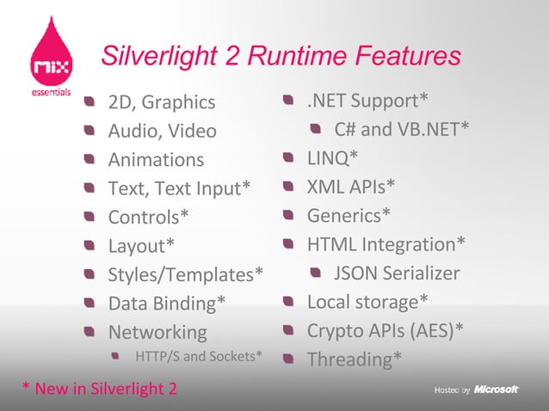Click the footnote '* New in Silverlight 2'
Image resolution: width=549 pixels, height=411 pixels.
[99, 389]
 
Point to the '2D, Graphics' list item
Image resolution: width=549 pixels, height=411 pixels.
[161, 103]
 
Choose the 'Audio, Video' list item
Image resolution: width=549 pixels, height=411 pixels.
[162, 132]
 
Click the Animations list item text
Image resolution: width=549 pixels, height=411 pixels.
[156, 160]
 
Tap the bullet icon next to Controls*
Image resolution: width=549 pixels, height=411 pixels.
[89, 217]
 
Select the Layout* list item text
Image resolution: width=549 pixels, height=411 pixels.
[141, 246]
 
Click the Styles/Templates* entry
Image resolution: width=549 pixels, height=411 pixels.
[185, 275]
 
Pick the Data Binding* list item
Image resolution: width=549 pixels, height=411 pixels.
[167, 304]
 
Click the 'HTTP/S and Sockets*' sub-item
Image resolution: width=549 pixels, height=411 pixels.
[199, 356]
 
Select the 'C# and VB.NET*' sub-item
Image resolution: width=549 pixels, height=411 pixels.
[402, 129]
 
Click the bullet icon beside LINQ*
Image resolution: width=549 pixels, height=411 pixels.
[290, 157]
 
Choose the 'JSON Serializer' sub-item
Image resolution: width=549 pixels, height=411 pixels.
[397, 273]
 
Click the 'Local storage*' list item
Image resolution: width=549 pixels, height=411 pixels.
[367, 302]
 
